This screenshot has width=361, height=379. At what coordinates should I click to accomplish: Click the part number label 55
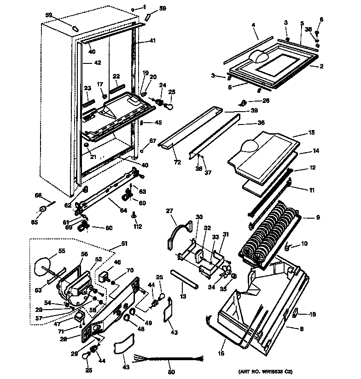pyautogui.click(x=61, y=251)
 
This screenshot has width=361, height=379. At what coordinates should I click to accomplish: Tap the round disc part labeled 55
pyautogui.click(x=45, y=265)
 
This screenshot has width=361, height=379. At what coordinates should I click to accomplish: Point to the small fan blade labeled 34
pyautogui.click(x=226, y=272)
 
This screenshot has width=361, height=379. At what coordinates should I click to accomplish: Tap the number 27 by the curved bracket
pyautogui.click(x=169, y=211)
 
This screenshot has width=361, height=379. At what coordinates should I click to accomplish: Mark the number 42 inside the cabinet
pyautogui.click(x=98, y=62)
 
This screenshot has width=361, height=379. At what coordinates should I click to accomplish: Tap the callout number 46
pyautogui.click(x=117, y=262)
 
